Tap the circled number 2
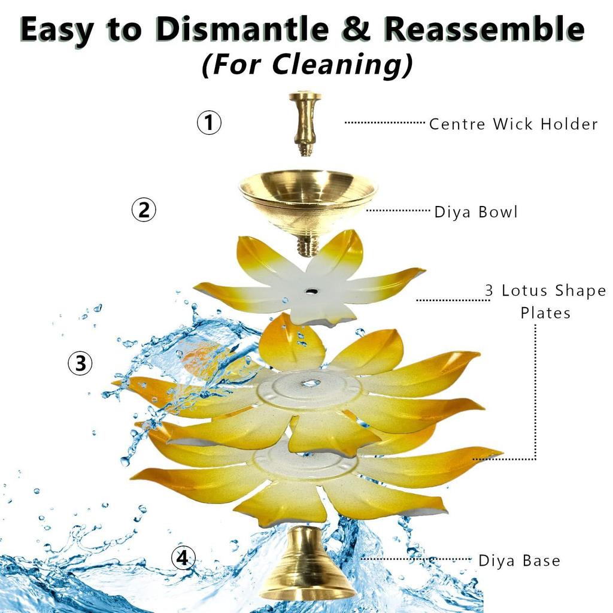click(x=144, y=210)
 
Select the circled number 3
click(x=80, y=363)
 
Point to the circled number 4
click(x=183, y=558)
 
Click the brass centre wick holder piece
click(x=305, y=123)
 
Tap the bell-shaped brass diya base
click(x=308, y=568)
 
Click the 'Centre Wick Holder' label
click(x=513, y=124)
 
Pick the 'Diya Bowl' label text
click(x=476, y=212)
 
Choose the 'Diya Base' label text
click(x=519, y=561)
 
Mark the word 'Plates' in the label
click(x=545, y=313)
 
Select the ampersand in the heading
click(x=357, y=29)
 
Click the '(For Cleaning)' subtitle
click(x=306, y=65)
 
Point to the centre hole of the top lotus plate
click(x=311, y=291)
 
